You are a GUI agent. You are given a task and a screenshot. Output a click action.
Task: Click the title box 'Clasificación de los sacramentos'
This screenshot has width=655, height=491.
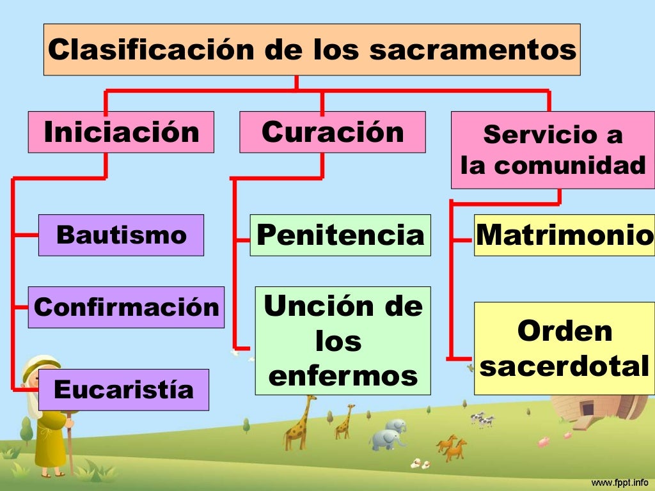312,50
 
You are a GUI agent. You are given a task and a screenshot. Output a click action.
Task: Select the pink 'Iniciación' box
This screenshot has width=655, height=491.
121,132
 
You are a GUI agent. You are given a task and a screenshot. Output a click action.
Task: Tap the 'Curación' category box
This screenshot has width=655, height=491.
332,132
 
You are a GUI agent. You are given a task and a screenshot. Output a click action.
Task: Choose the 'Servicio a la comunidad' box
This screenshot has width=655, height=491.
553,150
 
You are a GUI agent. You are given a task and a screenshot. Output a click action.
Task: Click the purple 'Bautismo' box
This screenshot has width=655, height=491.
121,235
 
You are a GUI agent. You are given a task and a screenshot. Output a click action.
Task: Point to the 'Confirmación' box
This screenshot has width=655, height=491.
126,308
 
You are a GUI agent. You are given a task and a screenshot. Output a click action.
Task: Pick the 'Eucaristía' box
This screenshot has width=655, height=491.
123,389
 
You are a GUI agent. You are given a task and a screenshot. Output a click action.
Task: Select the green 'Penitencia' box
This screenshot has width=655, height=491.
340,235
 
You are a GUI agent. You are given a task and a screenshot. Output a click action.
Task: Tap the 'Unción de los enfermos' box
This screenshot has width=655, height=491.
343,341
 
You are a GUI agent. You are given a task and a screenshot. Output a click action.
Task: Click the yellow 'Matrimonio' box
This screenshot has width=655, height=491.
564,235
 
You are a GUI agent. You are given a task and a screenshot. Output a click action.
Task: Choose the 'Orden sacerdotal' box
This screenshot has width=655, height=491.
564,349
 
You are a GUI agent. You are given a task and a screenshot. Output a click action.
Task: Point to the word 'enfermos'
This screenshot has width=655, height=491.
343,376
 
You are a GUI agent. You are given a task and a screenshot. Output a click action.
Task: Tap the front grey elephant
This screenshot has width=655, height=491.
386,439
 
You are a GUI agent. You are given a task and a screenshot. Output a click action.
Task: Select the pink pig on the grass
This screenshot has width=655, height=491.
544,442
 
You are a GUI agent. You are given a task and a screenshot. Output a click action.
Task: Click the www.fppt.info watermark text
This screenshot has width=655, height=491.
619,481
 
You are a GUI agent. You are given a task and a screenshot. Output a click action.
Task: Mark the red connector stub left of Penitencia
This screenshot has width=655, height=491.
242,240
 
